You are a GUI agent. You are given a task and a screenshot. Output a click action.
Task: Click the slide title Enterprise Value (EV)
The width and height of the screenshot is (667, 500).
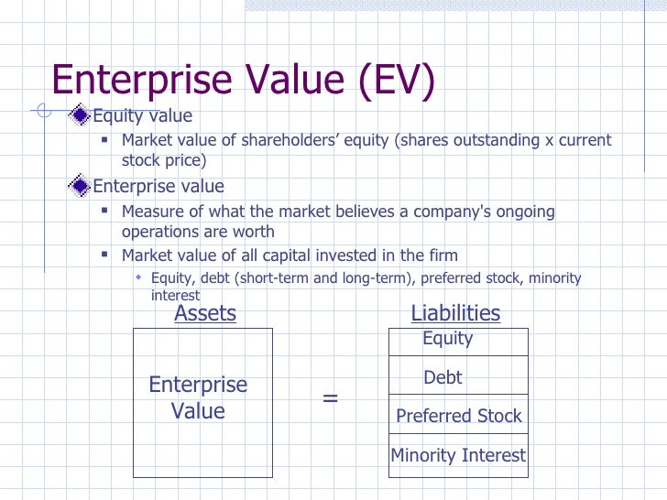coord(242,81)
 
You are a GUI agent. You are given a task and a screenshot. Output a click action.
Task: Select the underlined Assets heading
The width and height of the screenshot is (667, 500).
coord(205,313)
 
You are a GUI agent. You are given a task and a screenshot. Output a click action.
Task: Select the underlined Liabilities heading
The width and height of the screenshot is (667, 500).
coord(455,313)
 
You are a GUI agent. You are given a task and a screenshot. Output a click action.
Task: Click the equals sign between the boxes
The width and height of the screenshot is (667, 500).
coord(331,398)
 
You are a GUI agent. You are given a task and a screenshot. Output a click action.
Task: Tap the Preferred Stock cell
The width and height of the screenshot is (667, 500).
coord(459,416)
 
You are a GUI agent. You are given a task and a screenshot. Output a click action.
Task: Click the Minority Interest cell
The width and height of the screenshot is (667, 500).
coord(459,455)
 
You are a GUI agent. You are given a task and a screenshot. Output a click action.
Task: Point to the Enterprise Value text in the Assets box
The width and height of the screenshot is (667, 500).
coord(198,397)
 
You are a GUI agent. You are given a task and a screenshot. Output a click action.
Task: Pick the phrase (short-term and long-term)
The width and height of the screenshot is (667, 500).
coord(315,278)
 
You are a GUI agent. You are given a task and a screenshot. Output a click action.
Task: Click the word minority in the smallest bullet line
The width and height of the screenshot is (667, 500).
coord(552,278)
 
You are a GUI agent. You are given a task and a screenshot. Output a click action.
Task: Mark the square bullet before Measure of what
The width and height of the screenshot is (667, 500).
coord(106,211)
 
